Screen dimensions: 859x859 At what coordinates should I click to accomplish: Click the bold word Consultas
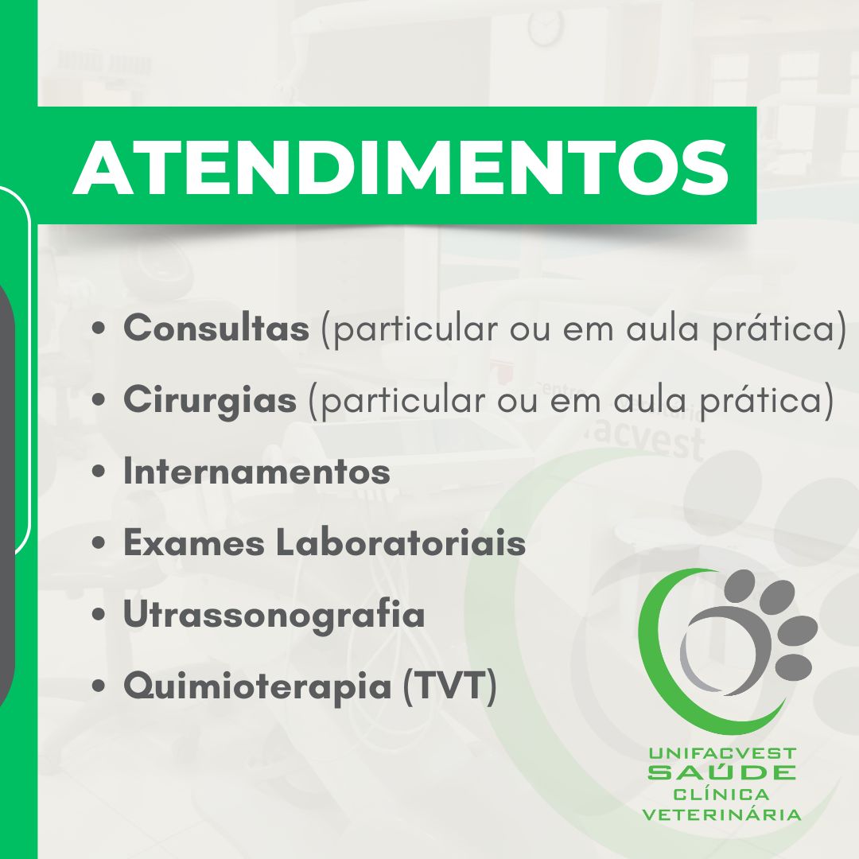pos(216,328)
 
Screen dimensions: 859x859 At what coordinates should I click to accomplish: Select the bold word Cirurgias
pos(210,399)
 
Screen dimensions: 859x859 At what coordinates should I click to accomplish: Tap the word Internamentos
pos(256,471)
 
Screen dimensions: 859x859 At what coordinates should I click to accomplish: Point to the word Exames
pos(195,543)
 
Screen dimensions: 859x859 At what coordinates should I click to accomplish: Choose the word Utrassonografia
pos(274,615)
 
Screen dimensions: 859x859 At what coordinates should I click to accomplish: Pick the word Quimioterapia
pos(258,686)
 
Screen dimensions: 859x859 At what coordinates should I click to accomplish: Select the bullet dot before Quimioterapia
pos(99,686)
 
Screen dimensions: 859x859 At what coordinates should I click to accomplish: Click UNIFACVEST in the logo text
pos(722,753)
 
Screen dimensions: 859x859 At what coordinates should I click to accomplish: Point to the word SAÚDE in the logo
pos(722,772)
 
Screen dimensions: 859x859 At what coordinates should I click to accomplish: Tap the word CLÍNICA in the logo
pos(722,794)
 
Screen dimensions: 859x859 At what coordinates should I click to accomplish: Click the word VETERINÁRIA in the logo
pos(722,814)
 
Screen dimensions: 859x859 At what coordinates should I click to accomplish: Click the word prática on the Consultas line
pos(773,330)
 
